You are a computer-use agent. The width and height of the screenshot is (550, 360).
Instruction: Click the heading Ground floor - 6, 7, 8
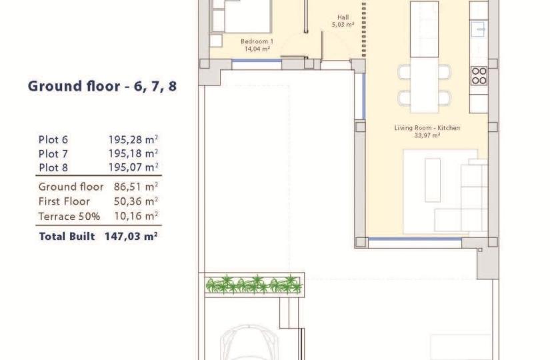coord(102,86)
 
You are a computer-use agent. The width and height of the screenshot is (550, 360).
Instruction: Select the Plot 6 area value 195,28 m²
coord(133,139)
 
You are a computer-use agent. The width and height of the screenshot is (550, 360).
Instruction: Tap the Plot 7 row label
coord(53,154)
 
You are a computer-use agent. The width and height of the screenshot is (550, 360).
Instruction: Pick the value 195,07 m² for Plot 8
coord(133,167)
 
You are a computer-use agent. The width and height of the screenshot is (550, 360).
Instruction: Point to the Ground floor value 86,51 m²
coord(136,186)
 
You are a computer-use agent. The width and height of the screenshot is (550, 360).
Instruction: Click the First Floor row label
coord(64,201)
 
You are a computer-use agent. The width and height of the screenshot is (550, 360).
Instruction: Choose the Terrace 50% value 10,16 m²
coord(136,216)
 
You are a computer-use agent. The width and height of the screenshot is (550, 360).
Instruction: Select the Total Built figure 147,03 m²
coord(131,236)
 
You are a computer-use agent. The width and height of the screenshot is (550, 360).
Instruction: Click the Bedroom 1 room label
coord(257,41)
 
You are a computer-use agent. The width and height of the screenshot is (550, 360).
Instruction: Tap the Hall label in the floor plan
coord(343,17)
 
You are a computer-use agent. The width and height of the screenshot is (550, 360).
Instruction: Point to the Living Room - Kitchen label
coord(427,128)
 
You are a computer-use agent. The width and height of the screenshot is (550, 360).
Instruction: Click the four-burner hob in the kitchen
coord(479,76)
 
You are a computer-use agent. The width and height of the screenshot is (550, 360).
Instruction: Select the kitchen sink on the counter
coord(479,29)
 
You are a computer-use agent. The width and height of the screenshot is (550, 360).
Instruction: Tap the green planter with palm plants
coord(253,285)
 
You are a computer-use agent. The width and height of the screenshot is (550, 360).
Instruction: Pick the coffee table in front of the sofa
coord(433,180)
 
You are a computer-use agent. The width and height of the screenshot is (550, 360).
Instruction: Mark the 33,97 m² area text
coord(427,135)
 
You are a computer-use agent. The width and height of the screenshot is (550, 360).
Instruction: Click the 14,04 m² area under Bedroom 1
coord(257,49)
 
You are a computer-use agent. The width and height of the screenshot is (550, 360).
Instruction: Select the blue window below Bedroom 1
coord(257,61)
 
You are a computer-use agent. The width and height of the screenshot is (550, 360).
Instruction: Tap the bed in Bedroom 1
coord(241,16)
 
